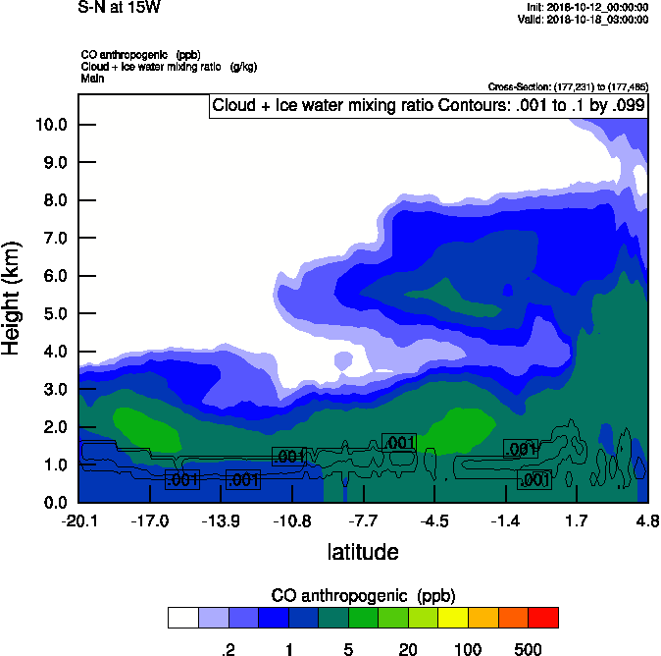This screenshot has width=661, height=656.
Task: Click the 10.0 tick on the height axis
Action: [51, 125]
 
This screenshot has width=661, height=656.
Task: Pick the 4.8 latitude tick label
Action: [646, 520]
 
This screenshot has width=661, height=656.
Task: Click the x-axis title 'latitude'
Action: [363, 552]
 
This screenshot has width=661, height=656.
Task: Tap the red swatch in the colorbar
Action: [543, 617]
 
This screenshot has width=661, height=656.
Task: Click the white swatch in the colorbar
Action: [182, 617]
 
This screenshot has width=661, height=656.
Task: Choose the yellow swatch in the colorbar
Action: [453, 617]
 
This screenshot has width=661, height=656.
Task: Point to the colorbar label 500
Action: [528, 648]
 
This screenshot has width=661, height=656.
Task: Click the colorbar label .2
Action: [228, 648]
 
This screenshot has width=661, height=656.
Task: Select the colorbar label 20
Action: [408, 648]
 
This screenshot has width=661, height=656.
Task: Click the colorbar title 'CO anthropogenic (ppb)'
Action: [363, 596]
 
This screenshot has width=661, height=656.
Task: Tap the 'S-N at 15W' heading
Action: [119, 8]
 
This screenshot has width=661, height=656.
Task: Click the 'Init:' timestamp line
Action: [587, 8]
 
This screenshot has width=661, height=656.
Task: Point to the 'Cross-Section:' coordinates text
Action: [568, 86]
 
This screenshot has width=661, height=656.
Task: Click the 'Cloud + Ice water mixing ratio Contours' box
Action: [428, 106]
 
